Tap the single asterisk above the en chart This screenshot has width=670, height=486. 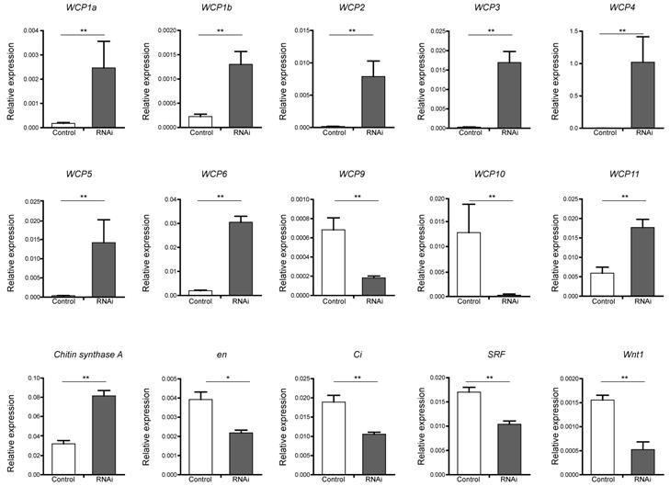click(217, 375)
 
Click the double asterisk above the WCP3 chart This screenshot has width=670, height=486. click(491, 30)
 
